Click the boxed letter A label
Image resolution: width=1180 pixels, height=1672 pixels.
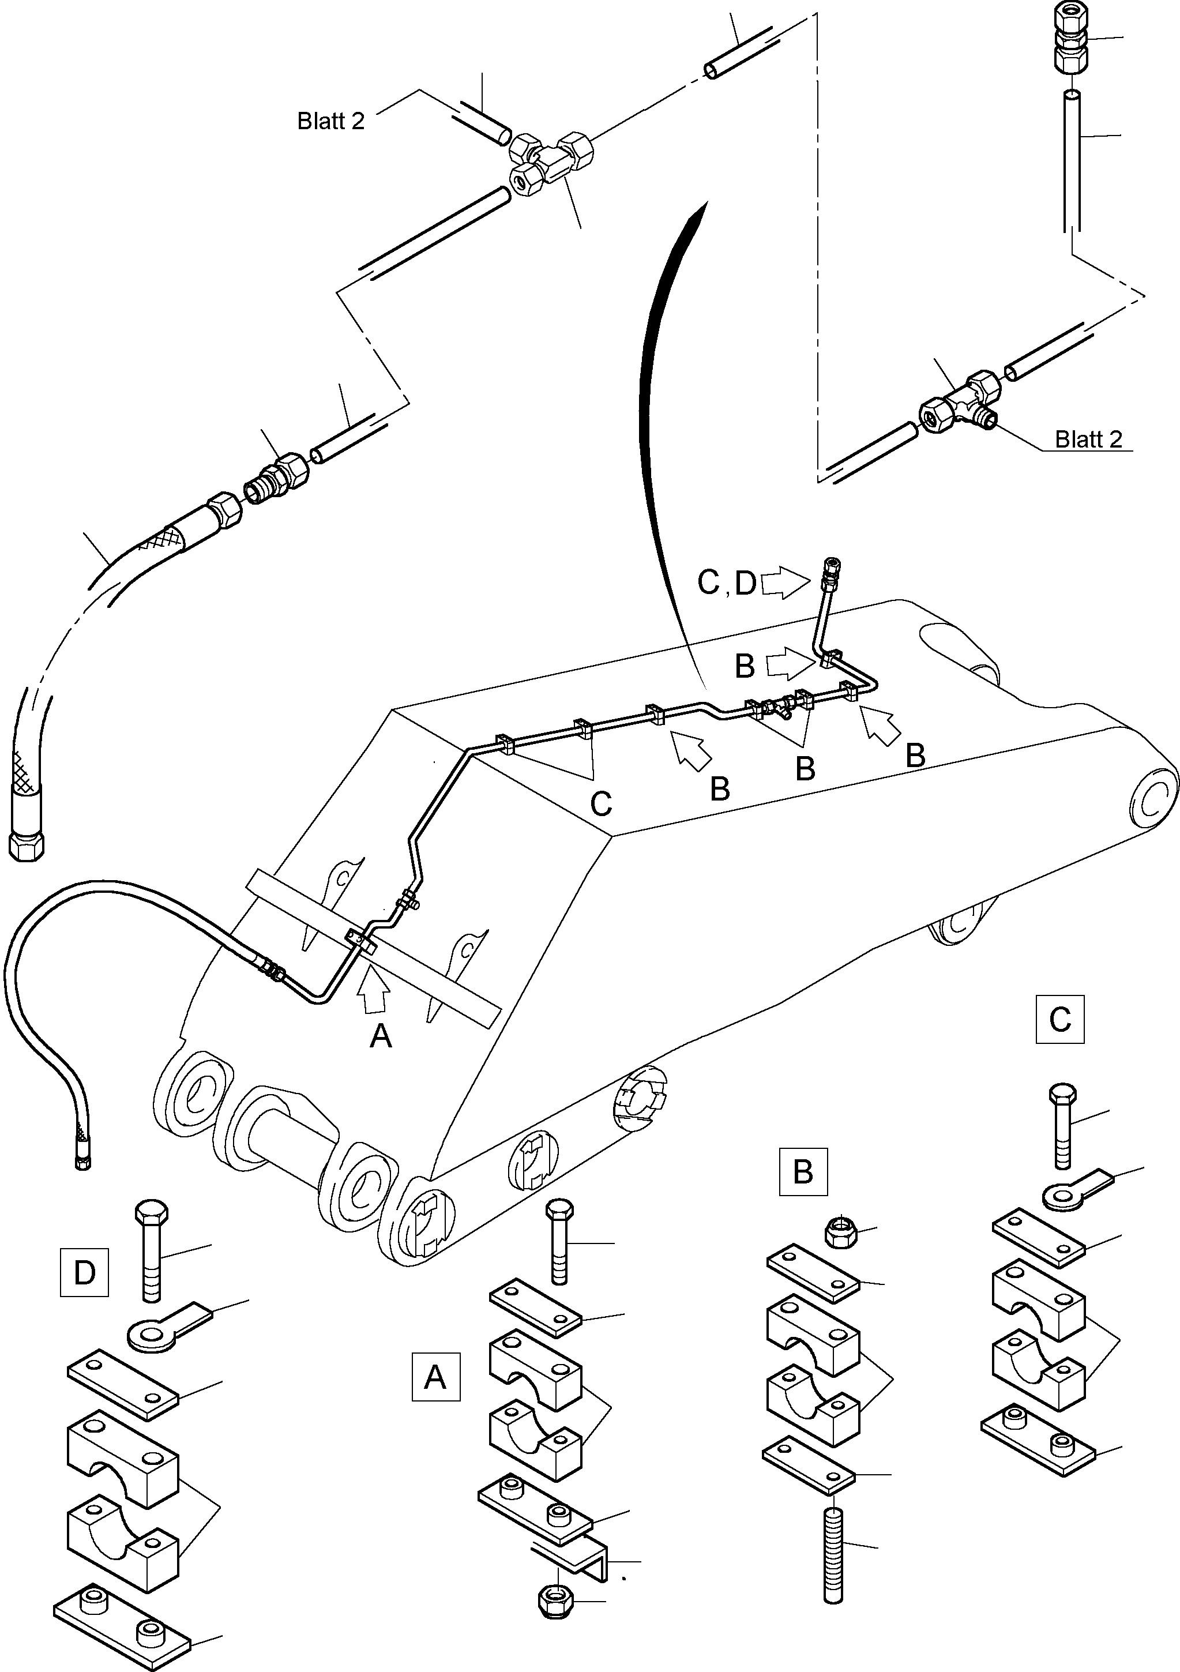(435, 1376)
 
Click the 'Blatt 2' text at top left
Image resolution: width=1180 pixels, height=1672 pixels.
(330, 121)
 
